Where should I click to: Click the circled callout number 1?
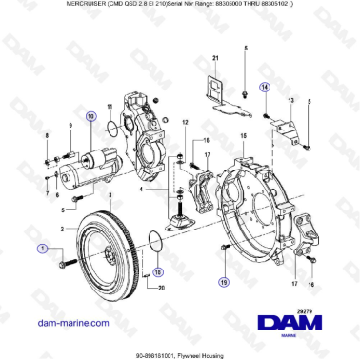(x=41, y=249)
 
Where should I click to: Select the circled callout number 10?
(x=90, y=116)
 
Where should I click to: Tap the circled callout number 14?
(x=266, y=87)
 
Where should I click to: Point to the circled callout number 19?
(x=223, y=282)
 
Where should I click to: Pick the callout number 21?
(x=215, y=59)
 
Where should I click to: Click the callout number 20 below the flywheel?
(x=161, y=287)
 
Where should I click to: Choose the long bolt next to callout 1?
(x=67, y=261)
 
